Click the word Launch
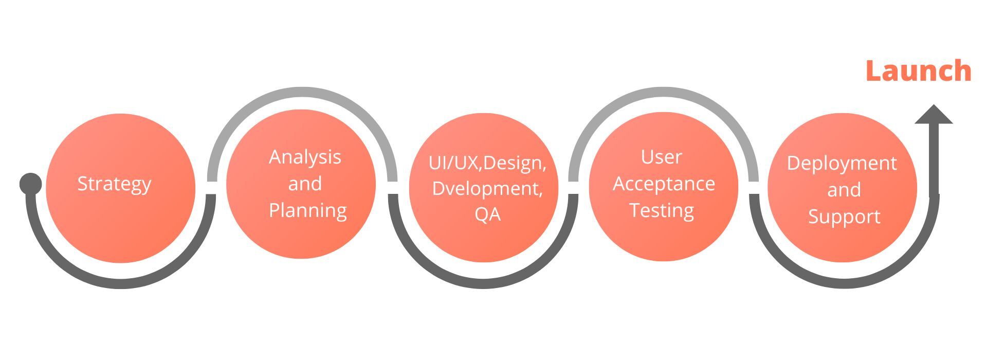918,71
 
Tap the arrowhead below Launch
934,115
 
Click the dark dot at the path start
30,184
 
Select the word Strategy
114,184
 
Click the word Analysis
305,157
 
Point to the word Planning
307,210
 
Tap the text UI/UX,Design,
487,163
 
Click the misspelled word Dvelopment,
487,188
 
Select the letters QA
487,214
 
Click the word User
661,157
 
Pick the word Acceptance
664,184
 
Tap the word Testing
662,210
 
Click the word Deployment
842,163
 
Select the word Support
844,217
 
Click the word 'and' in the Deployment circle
844,190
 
